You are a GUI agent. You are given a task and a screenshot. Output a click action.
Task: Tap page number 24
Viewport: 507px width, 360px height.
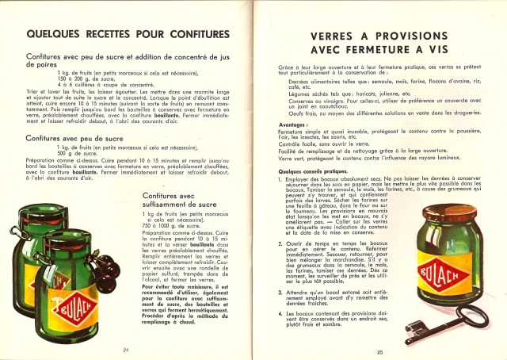[126, 349]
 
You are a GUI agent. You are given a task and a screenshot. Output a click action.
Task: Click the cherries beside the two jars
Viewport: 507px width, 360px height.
[106, 270]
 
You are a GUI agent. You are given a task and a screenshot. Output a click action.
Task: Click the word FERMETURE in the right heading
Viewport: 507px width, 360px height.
[377, 52]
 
